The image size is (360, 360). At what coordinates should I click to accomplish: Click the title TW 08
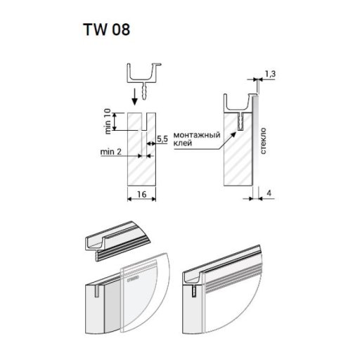107,30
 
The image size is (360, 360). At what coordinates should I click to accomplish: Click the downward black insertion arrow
134,96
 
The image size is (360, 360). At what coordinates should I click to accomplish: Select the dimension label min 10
108,121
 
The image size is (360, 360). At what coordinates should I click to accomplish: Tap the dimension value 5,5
162,139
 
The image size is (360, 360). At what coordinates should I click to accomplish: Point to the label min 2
111,152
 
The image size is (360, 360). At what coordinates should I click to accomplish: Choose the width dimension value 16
141,194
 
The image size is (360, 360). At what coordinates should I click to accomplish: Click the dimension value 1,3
271,74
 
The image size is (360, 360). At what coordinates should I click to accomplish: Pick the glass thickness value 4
269,193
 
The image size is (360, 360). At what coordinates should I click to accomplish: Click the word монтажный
197,135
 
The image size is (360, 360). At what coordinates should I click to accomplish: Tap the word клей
183,143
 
